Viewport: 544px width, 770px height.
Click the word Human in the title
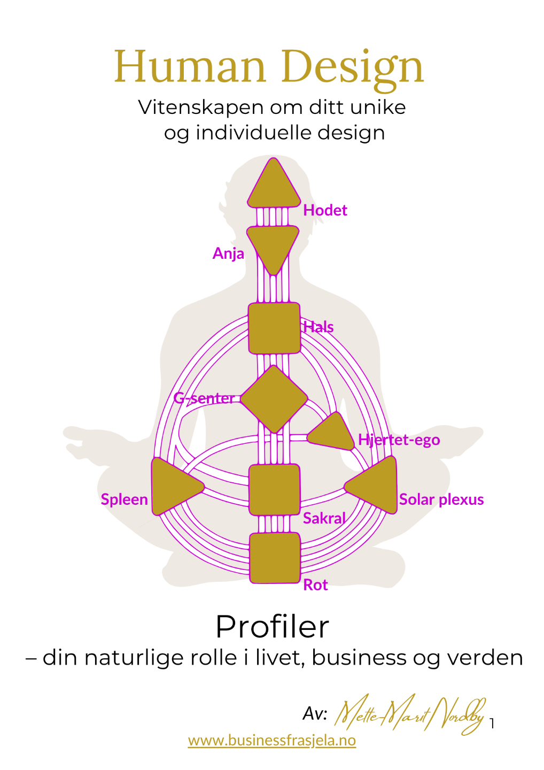[190, 67]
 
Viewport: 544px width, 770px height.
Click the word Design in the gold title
[352, 68]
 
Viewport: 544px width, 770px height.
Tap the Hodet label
[325, 210]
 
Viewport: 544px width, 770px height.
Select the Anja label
[228, 253]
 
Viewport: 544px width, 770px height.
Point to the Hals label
[318, 327]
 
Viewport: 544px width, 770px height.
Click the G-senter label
[204, 398]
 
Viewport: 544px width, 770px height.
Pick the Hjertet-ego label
[399, 440]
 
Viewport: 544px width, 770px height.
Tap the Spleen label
[124, 499]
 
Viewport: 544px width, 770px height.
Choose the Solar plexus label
[441, 499]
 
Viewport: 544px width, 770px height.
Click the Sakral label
[324, 518]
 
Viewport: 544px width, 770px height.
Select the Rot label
[315, 585]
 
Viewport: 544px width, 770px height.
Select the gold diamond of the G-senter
[274, 399]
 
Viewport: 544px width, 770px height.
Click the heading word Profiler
[272, 626]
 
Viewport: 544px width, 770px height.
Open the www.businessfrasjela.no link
[271, 741]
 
